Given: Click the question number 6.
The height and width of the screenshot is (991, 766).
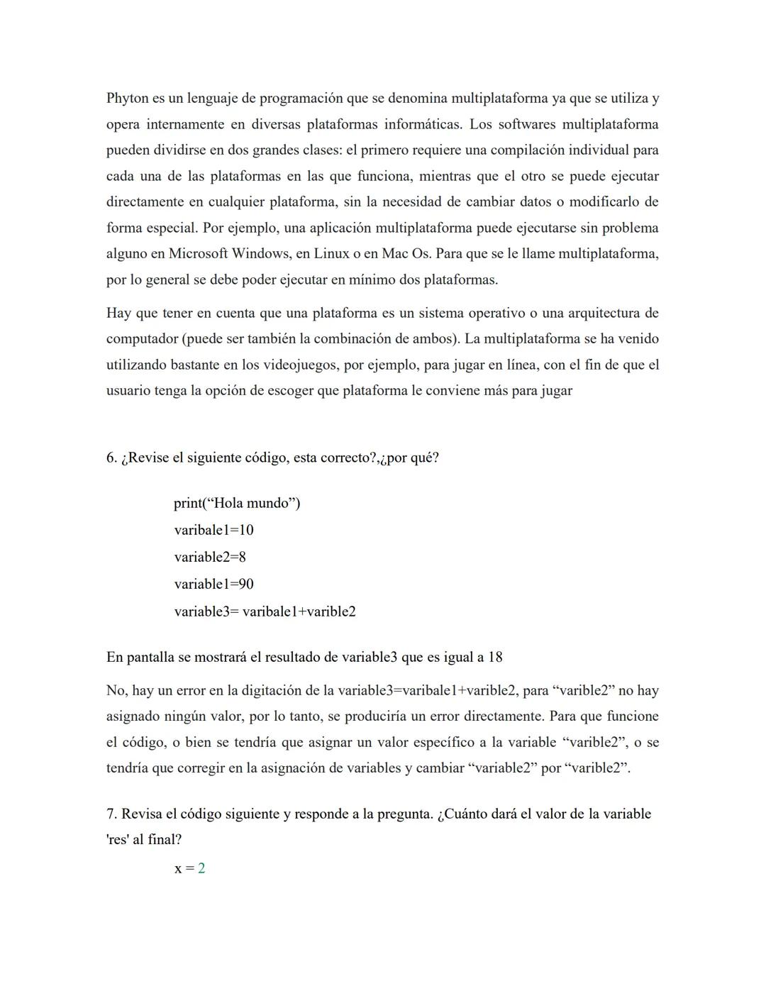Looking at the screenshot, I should tap(111, 458).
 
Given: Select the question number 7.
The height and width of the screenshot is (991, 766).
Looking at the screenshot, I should tap(111, 814).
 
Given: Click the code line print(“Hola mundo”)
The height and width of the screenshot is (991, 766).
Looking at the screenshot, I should tap(237, 504).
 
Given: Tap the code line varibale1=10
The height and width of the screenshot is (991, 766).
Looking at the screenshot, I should tap(213, 531).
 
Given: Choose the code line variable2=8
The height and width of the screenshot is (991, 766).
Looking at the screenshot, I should tap(210, 558).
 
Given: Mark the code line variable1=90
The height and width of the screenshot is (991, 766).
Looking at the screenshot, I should tap(213, 585).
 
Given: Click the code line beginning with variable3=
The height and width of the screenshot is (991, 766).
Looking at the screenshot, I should tap(265, 611).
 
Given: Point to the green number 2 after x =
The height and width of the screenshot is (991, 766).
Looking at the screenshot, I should tap(201, 869).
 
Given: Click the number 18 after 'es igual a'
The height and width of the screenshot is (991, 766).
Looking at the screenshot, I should tap(494, 658).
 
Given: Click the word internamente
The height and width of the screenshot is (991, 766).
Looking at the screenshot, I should tap(186, 125).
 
